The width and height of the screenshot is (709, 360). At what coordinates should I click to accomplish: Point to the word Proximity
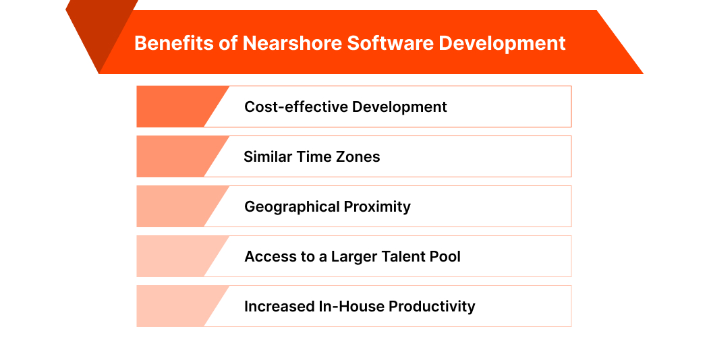[378, 206]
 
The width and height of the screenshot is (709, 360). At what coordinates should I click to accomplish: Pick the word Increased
[279, 306]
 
